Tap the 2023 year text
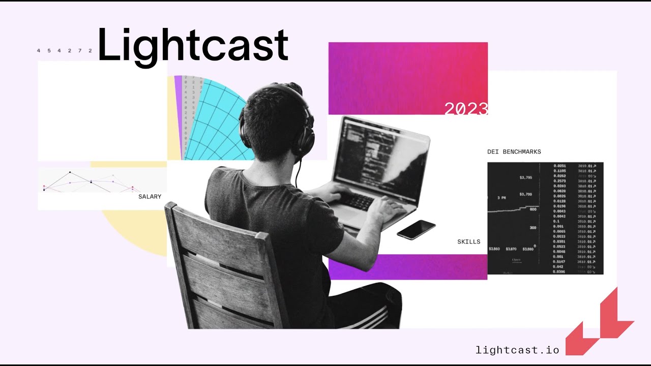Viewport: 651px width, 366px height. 466,108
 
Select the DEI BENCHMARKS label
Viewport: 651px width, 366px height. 514,151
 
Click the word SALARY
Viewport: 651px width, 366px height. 150,197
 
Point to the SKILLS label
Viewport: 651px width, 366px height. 468,241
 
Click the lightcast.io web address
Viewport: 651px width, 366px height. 517,350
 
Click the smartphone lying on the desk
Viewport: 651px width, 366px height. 416,230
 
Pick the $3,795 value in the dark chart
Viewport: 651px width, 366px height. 525,178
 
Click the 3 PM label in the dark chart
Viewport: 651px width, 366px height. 501,197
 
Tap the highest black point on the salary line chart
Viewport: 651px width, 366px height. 70,173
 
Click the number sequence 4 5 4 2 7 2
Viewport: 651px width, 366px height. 64,51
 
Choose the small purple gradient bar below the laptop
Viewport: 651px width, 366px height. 407,267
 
